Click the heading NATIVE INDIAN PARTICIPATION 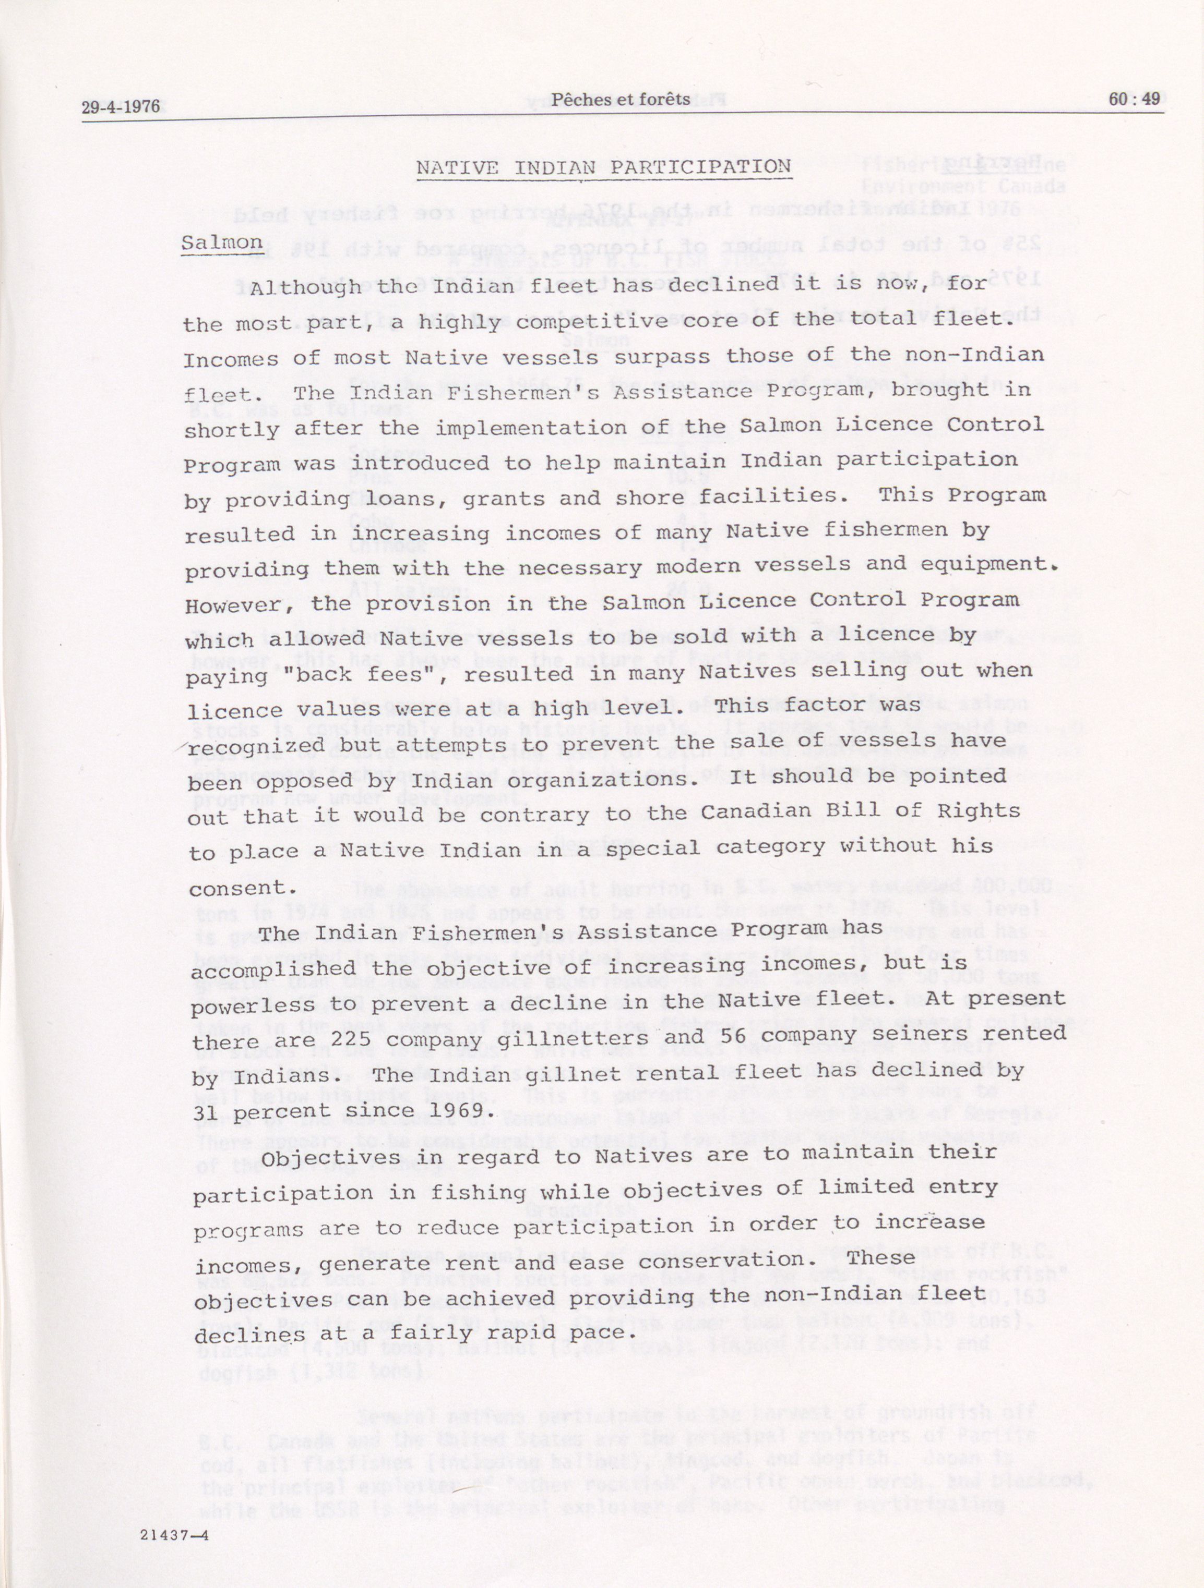[603, 167]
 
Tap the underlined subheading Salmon [221, 242]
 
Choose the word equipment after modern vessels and [983, 564]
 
